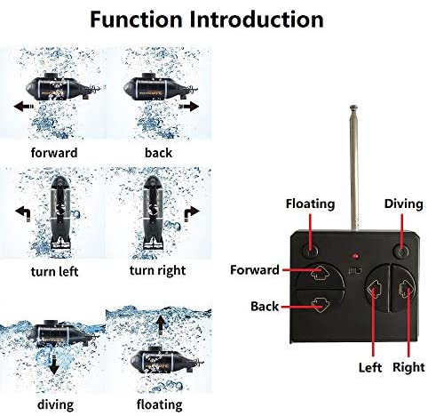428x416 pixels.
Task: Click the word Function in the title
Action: pos(136,20)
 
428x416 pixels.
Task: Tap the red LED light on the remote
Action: pos(355,256)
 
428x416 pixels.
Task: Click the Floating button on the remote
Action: pos(310,251)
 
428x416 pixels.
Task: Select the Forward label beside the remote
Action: pos(255,270)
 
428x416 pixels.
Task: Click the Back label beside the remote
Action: pos(265,306)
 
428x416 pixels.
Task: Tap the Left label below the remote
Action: pos(370,367)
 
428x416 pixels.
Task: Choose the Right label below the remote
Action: pos(408,367)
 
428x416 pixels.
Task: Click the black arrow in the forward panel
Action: pos(24,106)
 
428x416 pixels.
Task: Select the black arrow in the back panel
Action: pos(189,106)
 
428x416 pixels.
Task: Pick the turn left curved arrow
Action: pos(23,213)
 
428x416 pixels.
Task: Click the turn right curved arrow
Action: pos(192,213)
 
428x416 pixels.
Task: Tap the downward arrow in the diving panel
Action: pos(54,362)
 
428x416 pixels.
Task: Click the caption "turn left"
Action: pos(54,271)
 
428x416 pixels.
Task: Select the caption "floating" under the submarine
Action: pos(159,404)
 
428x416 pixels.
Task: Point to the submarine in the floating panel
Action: pos(167,360)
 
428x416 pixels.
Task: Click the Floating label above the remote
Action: pos(310,204)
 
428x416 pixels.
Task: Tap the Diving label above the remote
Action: pos(403,204)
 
